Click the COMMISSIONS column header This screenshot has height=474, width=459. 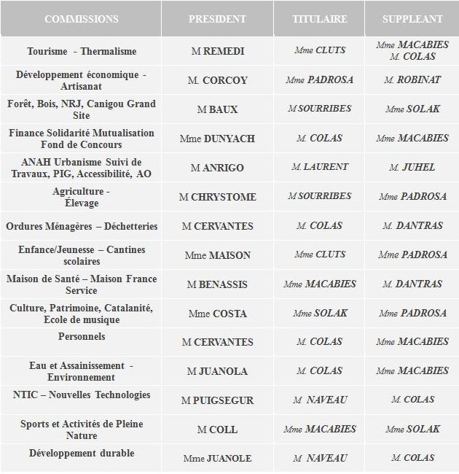pyautogui.click(x=82, y=19)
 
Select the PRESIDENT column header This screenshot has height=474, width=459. pyautogui.click(x=217, y=19)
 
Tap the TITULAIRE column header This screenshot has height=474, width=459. pyautogui.click(x=319, y=19)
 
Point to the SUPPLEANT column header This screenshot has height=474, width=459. pyautogui.click(x=412, y=19)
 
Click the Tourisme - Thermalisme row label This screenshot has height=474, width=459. pyautogui.click(x=82, y=51)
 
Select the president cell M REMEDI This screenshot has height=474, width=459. pyautogui.click(x=217, y=51)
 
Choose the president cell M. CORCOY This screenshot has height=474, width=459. pyautogui.click(x=217, y=80)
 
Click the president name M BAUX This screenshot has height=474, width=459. pyautogui.click(x=217, y=109)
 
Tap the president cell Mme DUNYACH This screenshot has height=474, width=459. pyautogui.click(x=217, y=139)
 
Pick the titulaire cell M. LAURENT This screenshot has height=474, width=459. pyautogui.click(x=319, y=167)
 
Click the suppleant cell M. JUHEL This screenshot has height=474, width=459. pyautogui.click(x=412, y=167)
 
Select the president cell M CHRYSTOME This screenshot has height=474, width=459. pyautogui.click(x=217, y=197)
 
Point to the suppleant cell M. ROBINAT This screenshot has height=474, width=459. pyautogui.click(x=412, y=79)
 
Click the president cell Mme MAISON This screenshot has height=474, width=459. pyautogui.click(x=217, y=255)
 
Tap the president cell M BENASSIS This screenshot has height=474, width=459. pyautogui.click(x=217, y=284)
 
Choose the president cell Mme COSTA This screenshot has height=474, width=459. pyautogui.click(x=217, y=314)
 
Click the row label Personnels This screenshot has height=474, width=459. pyautogui.click(x=82, y=337)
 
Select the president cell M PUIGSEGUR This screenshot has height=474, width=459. pyautogui.click(x=217, y=400)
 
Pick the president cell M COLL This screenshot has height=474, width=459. pyautogui.click(x=217, y=430)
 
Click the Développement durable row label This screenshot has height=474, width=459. pyautogui.click(x=82, y=454)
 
